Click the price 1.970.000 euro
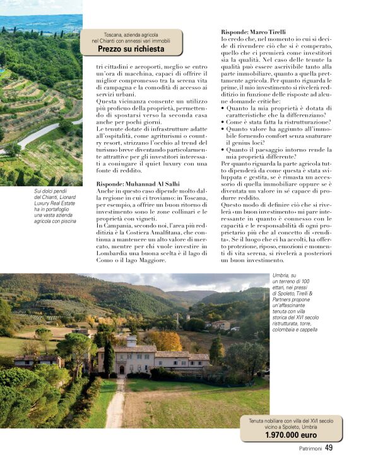290,435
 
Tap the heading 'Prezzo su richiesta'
131,49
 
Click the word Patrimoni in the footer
310,449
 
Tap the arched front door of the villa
121,368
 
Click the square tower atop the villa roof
131,341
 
